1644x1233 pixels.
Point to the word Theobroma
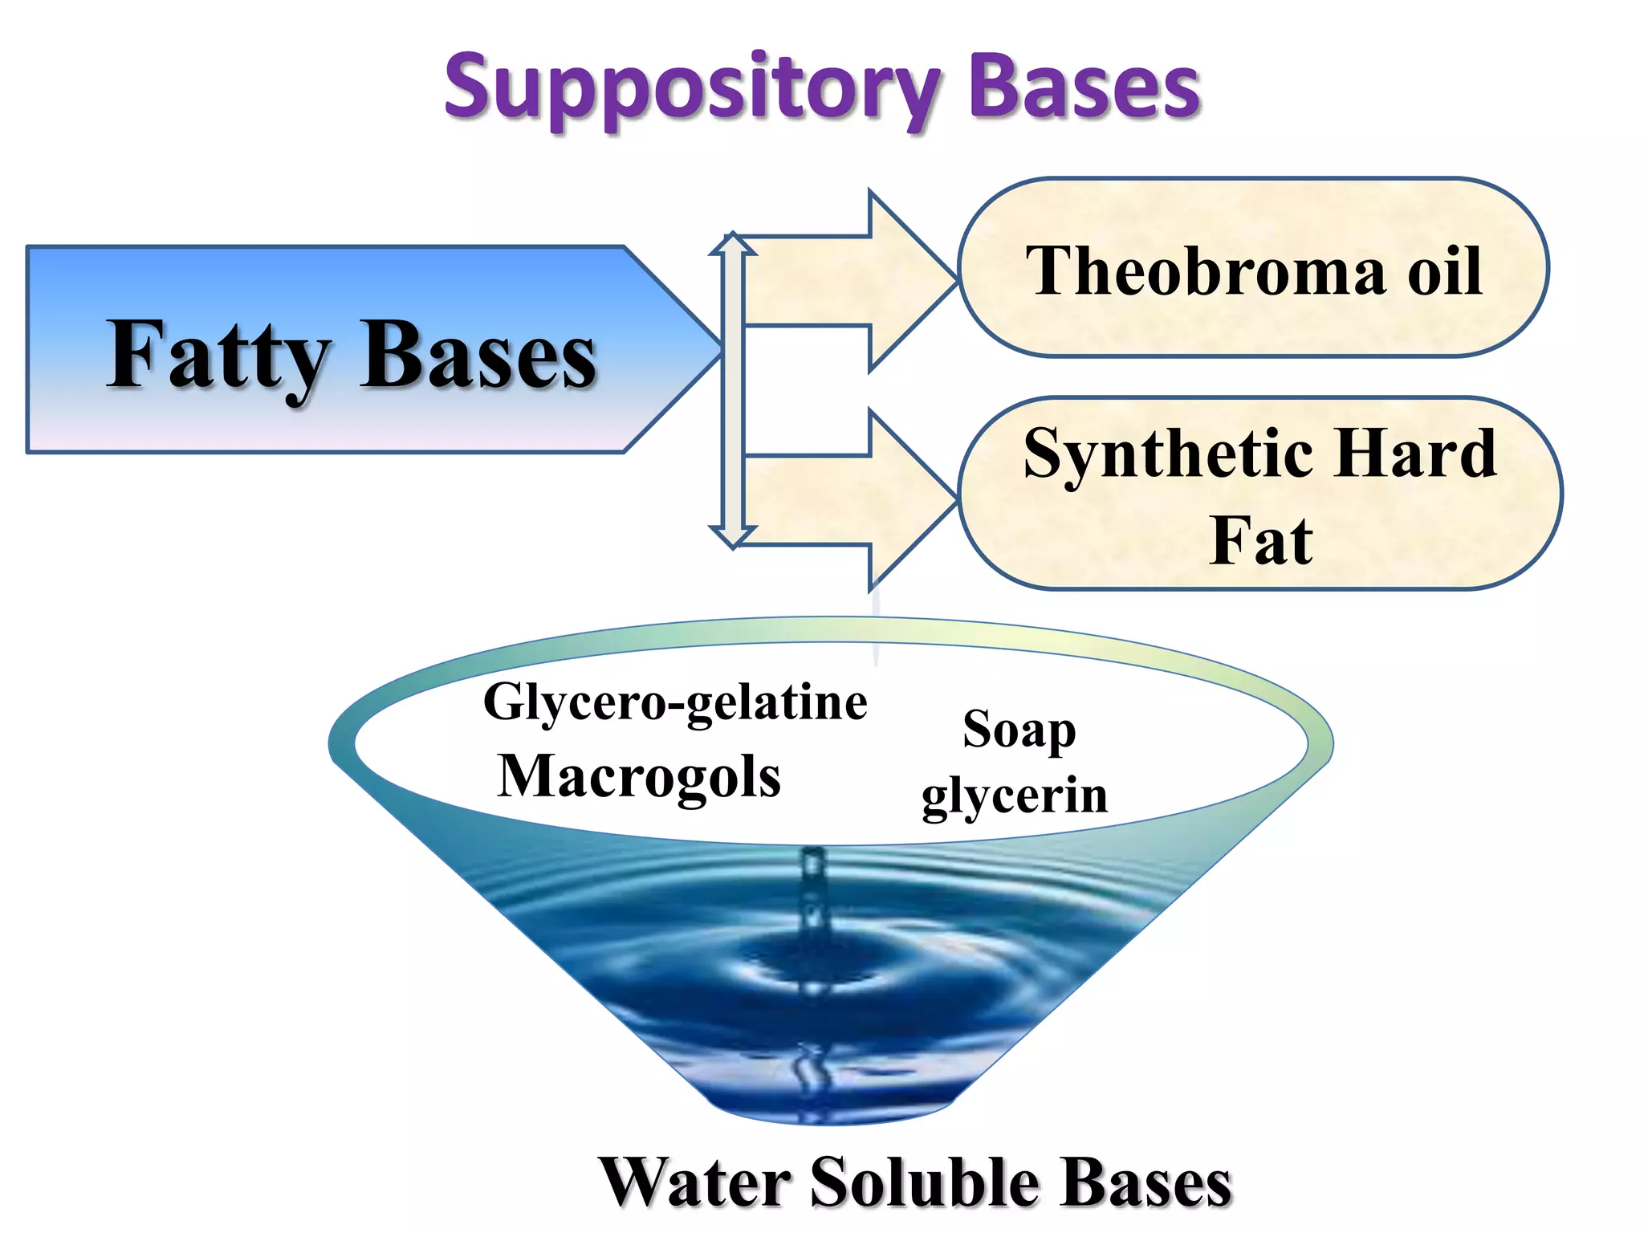(1206, 271)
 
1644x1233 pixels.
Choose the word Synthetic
(1169, 454)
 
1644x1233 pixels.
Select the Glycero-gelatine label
(675, 703)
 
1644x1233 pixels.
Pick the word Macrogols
(639, 777)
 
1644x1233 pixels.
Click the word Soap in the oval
(1019, 730)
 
